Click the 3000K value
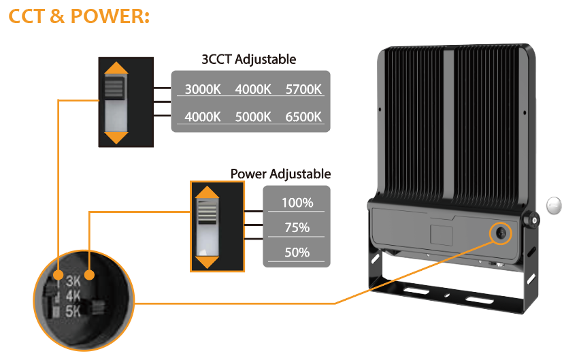(203, 90)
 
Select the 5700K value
(303, 90)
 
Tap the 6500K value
(303, 116)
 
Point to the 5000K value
(253, 116)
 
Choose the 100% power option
(297, 202)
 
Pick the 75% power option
(297, 227)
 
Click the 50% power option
(297, 252)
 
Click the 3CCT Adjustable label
(249, 59)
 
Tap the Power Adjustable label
(280, 174)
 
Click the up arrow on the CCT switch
(118, 69)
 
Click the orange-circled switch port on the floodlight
(501, 233)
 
